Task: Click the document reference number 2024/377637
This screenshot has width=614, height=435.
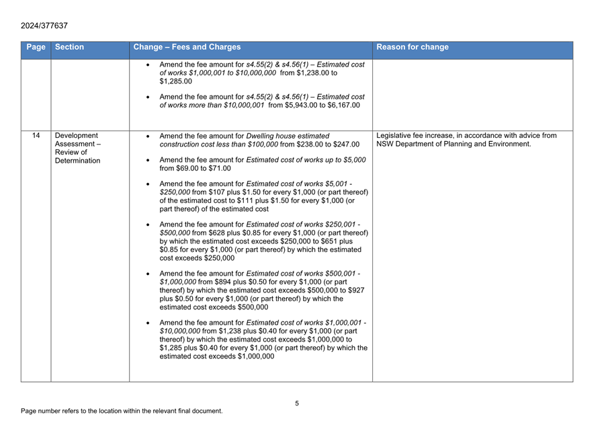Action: (x=44, y=26)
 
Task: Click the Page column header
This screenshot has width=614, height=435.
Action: (x=36, y=48)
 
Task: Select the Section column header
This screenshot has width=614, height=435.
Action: (x=70, y=48)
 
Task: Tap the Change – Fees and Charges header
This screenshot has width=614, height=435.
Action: (x=187, y=48)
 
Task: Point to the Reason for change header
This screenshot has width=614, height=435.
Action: (x=412, y=48)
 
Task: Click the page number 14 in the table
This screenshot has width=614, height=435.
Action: (x=36, y=136)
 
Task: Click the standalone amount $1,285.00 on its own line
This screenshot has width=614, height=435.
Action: (x=176, y=81)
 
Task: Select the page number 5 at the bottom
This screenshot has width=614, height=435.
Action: (x=297, y=403)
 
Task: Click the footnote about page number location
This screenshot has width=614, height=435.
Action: (x=122, y=411)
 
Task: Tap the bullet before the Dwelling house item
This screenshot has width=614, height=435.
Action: (x=148, y=136)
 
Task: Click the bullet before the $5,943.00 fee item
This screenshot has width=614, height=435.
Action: (x=148, y=97)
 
